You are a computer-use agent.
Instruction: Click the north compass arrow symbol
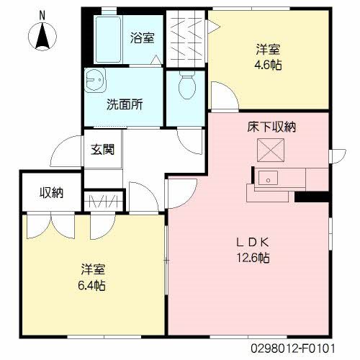coord(42,37)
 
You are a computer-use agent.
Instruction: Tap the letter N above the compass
coord(42,14)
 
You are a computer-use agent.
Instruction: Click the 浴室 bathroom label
coord(142,38)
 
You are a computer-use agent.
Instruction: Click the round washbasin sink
coord(93,81)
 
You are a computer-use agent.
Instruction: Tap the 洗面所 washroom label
coord(124,103)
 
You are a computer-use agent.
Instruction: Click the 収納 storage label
coord(50,192)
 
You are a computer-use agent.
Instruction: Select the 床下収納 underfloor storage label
coord(271,127)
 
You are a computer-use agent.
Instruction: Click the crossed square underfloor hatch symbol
coord(271,150)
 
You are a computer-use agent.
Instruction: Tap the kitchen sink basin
coord(269,176)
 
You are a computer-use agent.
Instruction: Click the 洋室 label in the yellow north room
coord(269,50)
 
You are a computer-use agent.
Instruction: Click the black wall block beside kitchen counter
coord(311,196)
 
